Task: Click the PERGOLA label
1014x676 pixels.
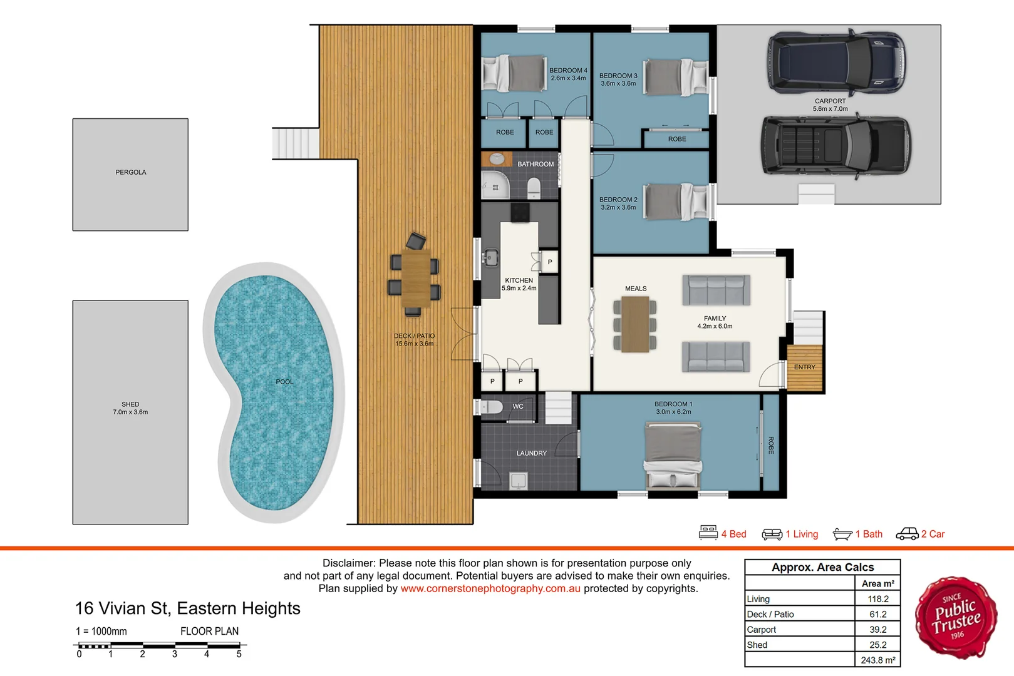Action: [130, 172]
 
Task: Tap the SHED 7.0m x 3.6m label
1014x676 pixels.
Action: [130, 408]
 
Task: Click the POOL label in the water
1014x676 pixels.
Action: [284, 382]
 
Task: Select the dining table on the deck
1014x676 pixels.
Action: [416, 279]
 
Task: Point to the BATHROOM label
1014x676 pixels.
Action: [535, 164]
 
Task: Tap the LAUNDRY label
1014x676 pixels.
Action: [531, 453]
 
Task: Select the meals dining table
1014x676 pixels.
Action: [635, 324]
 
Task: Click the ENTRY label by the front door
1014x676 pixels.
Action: [804, 367]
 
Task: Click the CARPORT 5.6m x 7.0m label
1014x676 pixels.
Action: [830, 105]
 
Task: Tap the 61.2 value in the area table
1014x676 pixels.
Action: [877, 615]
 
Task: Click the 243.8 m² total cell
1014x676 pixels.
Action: [877, 660]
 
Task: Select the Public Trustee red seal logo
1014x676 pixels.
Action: [956, 617]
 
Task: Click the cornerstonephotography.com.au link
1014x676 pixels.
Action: [490, 589]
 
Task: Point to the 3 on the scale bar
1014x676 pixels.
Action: [175, 654]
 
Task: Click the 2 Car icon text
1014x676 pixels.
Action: [933, 534]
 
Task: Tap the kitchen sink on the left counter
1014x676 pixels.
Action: [490, 257]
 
